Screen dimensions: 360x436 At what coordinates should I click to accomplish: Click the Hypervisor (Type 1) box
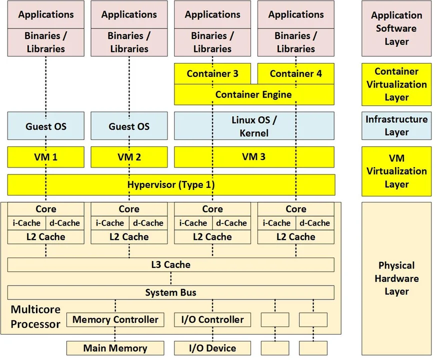point(171,184)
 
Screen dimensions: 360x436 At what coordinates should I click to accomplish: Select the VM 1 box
point(45,157)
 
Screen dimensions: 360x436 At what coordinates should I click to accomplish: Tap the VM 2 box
point(129,157)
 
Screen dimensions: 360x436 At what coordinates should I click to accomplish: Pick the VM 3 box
point(253,157)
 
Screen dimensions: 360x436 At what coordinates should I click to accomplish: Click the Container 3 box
point(212,74)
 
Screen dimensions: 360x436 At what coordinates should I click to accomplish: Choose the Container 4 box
point(296,74)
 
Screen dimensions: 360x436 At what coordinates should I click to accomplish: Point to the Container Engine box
point(253,94)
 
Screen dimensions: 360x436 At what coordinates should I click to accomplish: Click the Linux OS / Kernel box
point(253,126)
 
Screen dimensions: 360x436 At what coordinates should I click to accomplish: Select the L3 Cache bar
point(171,264)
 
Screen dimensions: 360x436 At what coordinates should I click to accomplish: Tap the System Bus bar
point(171,292)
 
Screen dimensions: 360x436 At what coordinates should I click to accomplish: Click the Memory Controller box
point(115,319)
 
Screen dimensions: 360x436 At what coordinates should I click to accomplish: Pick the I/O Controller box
point(212,319)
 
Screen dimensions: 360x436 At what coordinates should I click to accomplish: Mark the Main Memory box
point(115,348)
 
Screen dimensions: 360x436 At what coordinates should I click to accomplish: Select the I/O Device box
point(212,348)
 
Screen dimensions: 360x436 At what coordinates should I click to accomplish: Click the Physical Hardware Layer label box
point(396,278)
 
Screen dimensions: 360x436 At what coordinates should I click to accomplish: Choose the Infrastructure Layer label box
point(396,126)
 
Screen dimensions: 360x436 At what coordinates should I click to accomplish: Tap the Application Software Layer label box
point(396,28)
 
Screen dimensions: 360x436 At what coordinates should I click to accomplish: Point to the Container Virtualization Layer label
point(396,84)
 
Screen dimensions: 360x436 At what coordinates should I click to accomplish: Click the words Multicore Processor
point(35,317)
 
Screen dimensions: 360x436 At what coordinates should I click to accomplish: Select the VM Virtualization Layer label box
point(396,171)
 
